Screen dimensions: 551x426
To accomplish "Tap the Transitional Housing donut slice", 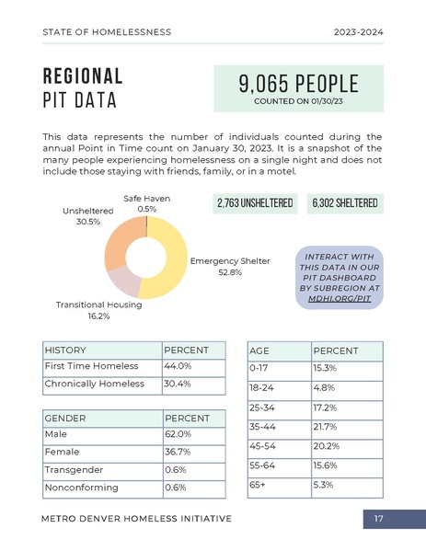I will click(x=121, y=281).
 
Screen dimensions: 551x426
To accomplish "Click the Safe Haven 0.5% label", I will click(x=146, y=203).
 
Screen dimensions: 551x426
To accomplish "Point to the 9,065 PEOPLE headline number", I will click(x=298, y=85).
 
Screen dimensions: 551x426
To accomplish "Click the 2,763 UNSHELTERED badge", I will click(x=255, y=202).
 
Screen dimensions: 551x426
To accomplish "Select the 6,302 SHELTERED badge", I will click(x=344, y=202).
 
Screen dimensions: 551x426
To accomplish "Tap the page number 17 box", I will click(x=378, y=520).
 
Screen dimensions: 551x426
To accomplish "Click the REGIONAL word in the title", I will click(x=83, y=75).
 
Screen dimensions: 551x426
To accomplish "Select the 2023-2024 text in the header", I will click(x=358, y=32).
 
